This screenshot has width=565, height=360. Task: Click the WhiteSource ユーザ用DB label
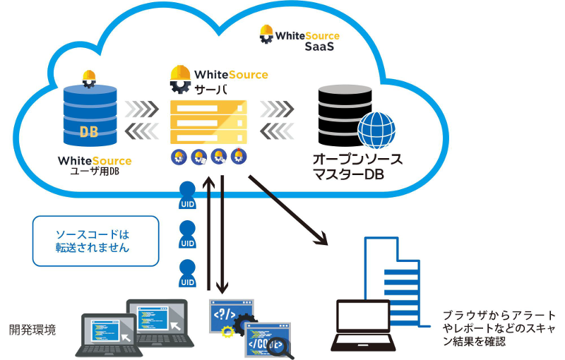(95, 165)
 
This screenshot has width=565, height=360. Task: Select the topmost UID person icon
(187, 196)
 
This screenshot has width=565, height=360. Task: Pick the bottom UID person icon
(187, 273)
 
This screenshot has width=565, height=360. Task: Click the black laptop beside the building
(367, 327)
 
